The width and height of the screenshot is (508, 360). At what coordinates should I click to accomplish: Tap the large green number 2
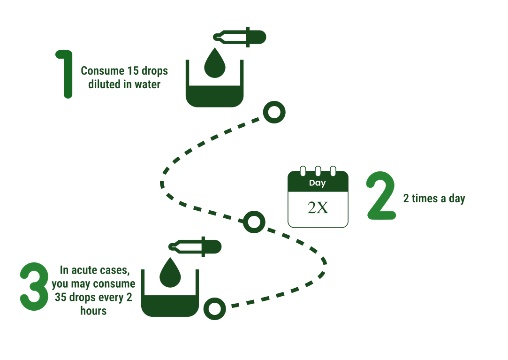(x=381, y=196)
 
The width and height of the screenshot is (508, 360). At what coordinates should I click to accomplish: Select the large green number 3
(x=34, y=286)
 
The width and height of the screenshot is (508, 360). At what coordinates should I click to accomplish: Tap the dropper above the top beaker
(x=240, y=37)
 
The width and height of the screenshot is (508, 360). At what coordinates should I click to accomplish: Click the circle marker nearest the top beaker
(x=274, y=113)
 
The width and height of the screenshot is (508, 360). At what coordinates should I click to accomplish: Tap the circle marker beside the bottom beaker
(x=215, y=308)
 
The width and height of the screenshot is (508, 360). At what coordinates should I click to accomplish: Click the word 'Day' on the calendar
(x=318, y=183)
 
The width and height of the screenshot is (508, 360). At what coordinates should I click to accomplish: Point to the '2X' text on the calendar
(x=318, y=208)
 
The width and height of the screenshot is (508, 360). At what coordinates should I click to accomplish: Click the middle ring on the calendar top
(x=318, y=170)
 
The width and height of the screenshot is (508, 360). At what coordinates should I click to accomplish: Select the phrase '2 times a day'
(x=434, y=199)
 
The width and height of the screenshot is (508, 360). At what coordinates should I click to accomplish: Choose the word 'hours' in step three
(x=93, y=311)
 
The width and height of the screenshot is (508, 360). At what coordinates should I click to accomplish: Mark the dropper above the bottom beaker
(x=195, y=246)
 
